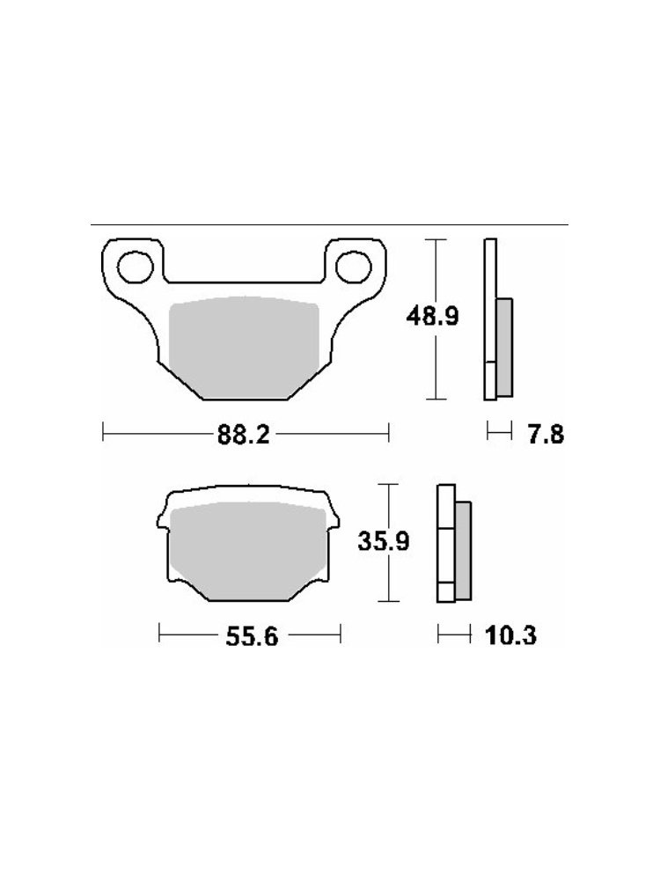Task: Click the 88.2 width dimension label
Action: pos(244,434)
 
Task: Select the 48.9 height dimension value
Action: pos(432,317)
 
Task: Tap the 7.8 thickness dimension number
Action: pos(546,435)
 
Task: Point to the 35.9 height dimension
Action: pos(384,541)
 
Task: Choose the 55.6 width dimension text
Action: pos(252,636)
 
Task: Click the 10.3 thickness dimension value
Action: pos(510,635)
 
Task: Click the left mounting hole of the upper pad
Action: pos(136,267)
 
